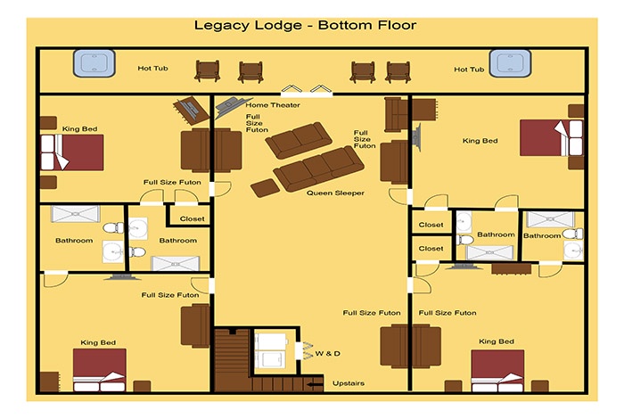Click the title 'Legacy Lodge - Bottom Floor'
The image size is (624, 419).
305,26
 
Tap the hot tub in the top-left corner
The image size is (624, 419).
94,63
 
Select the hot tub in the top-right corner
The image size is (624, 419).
510,63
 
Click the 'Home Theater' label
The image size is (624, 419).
273,105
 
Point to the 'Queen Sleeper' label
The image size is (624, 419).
335,193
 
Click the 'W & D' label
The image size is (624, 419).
328,353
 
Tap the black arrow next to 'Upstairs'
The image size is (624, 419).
316,384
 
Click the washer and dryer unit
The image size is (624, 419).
271,350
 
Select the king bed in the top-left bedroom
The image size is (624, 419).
72,152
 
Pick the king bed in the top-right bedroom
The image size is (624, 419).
552,137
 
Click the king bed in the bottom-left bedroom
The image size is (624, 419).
100,370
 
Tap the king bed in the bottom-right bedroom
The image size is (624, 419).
497,371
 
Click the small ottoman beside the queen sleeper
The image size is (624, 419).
265,188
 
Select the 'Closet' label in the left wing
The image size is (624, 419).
192,218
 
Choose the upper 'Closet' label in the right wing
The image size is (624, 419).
431,225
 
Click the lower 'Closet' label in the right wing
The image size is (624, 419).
431,249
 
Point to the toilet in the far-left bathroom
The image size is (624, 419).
113,228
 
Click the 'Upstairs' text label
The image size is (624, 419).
349,383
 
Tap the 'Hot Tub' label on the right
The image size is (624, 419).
469,70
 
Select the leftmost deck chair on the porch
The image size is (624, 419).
208,71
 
